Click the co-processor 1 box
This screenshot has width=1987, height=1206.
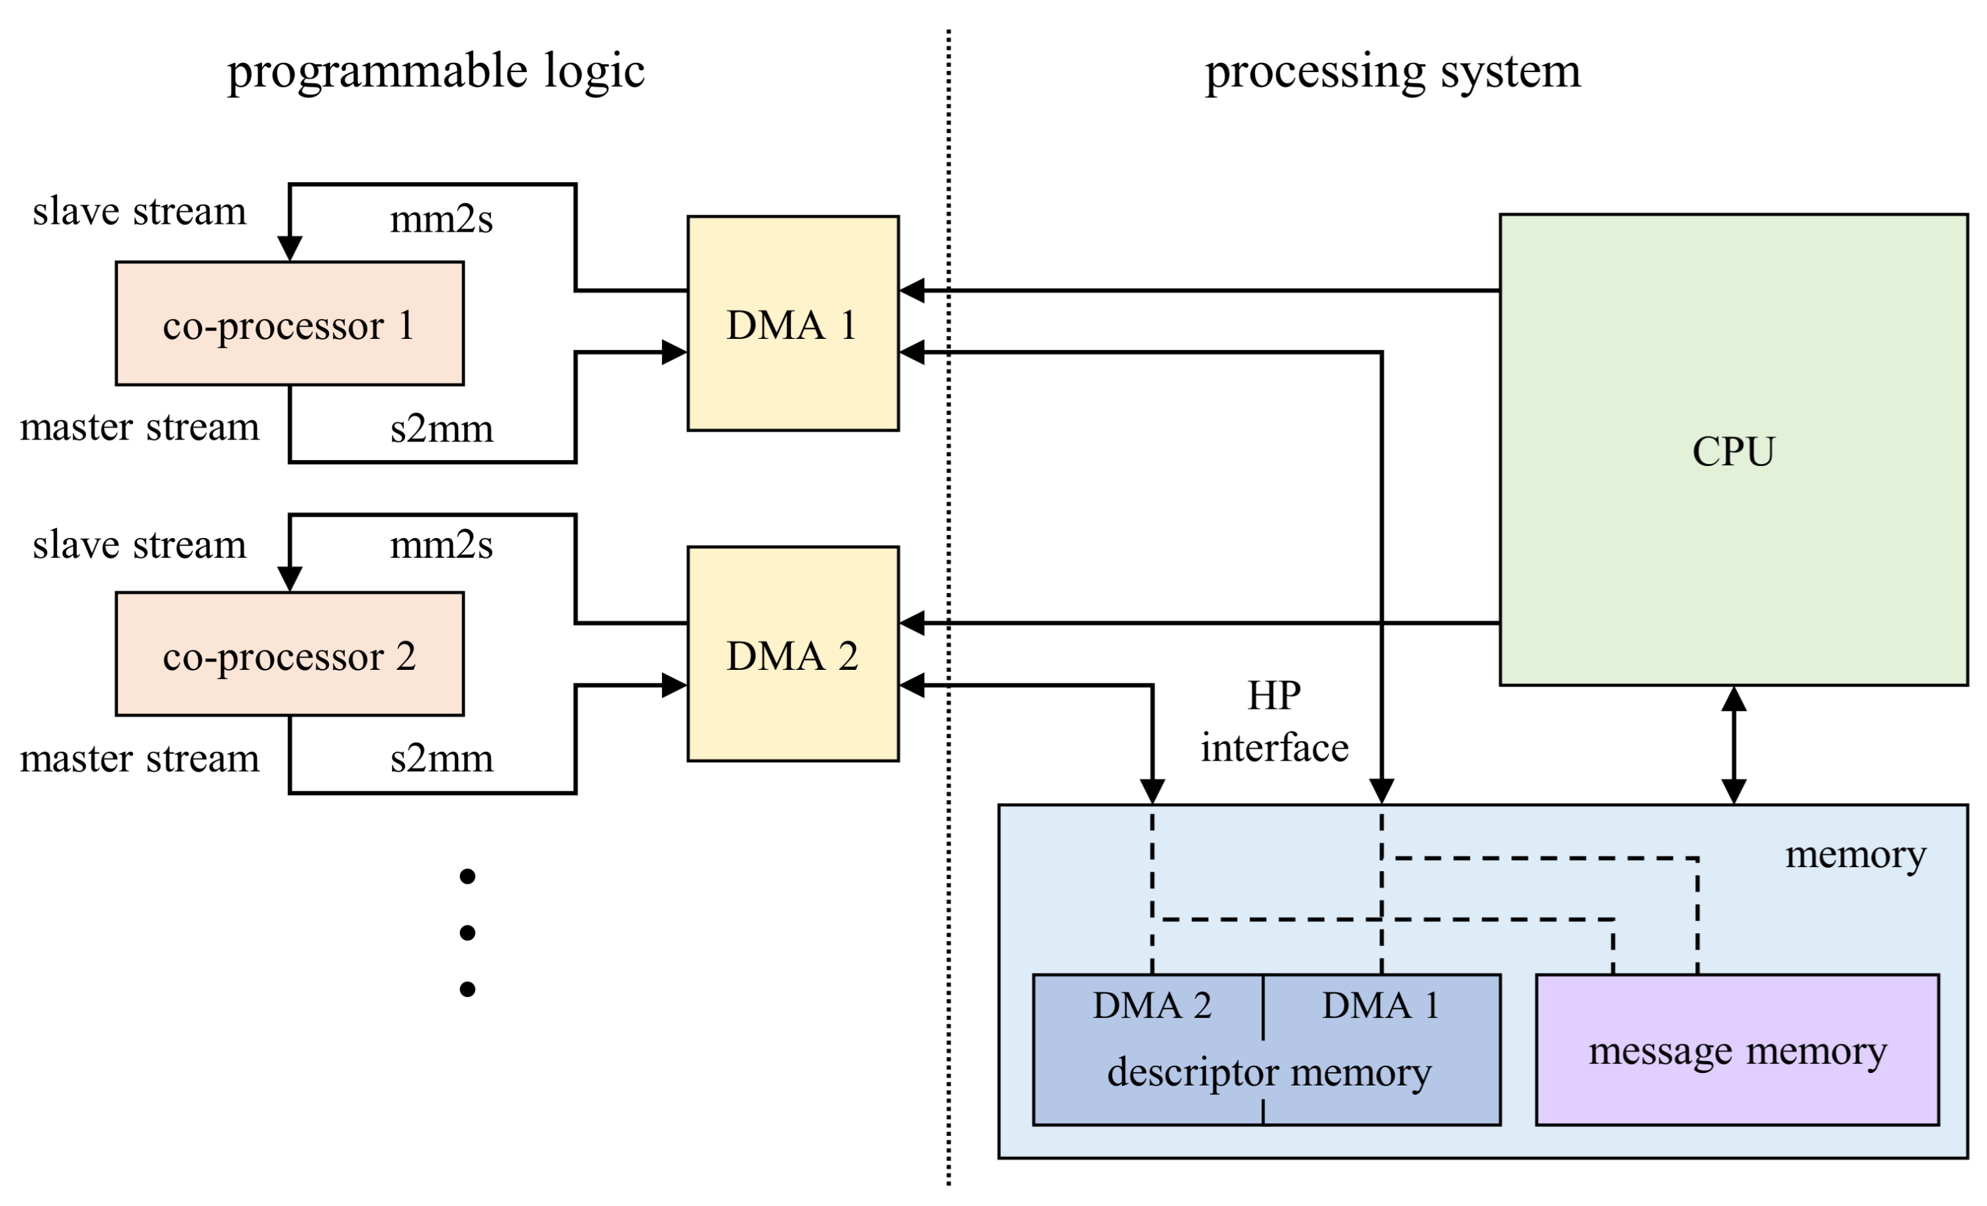tap(289, 324)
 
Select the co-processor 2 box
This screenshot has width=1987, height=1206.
tap(289, 654)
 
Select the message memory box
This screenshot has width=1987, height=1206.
tap(1736, 1050)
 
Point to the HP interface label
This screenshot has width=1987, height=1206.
tap(1273, 721)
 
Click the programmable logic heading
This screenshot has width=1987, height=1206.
tap(436, 71)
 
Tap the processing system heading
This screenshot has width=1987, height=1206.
tap(1392, 71)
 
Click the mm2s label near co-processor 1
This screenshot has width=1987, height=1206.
tap(441, 218)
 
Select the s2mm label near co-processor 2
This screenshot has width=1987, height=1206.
tap(441, 759)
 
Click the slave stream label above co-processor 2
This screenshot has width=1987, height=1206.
tap(140, 545)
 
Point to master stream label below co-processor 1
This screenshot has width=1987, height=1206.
tap(140, 427)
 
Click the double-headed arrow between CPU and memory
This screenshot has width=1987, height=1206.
tap(1733, 745)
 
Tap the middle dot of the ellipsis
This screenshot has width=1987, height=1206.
tap(467, 933)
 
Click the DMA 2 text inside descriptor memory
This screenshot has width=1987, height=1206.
tap(1151, 1005)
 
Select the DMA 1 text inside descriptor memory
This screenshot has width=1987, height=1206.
tap(1380, 1005)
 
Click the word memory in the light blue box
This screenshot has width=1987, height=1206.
tap(1855, 855)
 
